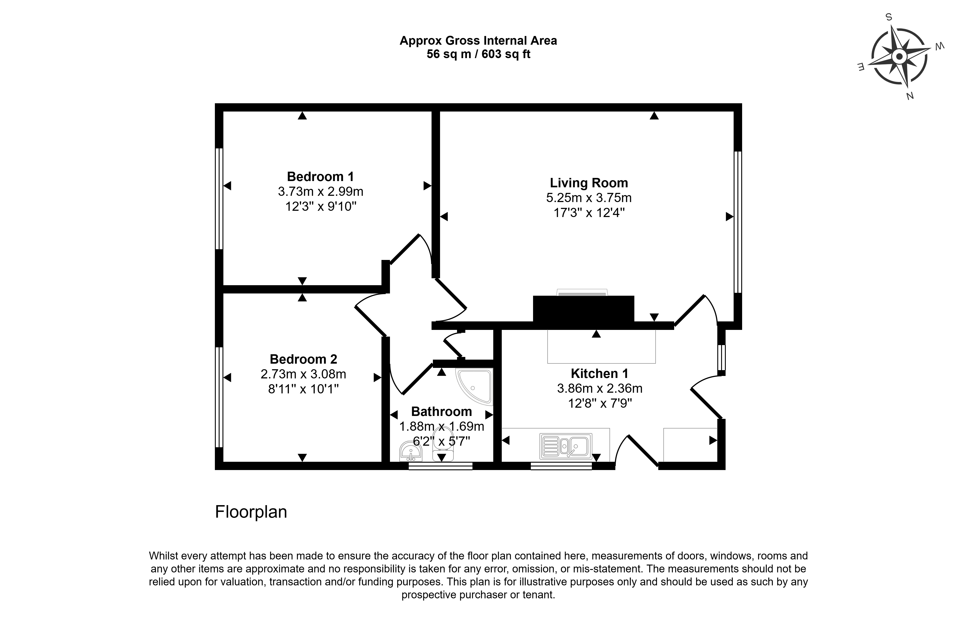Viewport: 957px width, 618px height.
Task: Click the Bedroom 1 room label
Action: [320, 177]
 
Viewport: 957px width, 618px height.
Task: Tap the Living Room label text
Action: [589, 183]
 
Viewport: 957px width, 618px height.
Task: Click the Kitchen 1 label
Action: [599, 374]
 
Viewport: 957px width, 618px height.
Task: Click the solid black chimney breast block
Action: [583, 309]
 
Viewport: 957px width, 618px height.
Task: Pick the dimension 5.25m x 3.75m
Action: [589, 198]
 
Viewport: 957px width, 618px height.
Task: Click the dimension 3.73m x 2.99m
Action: [320, 191]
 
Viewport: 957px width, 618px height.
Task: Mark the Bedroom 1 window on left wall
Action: [219, 199]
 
